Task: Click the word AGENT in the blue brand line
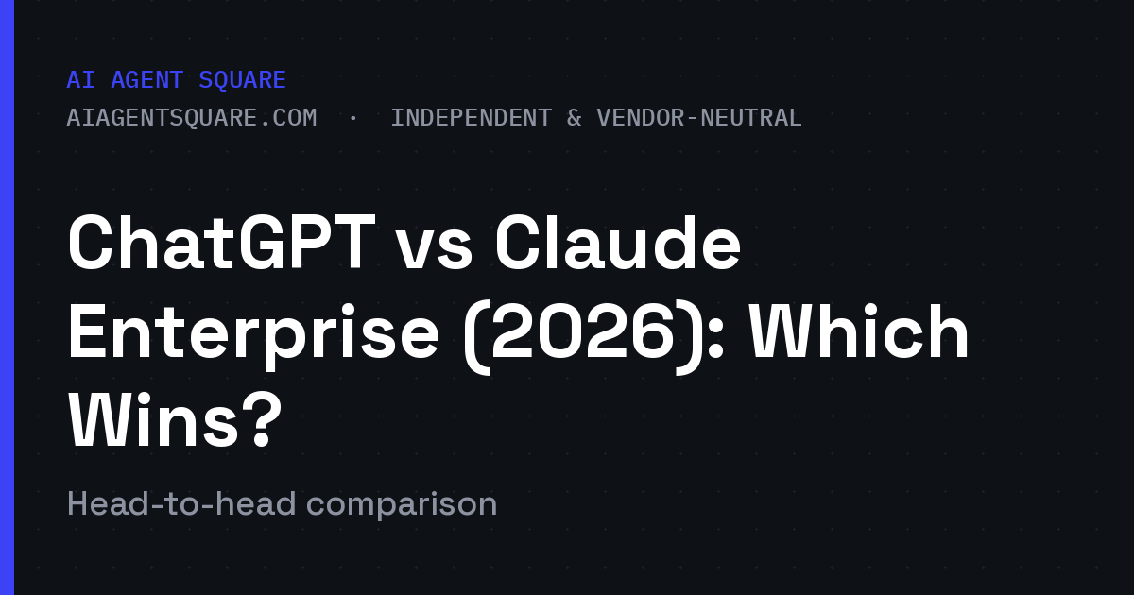point(146,80)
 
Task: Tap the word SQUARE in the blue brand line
point(243,80)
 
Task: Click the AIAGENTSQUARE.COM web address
point(192,118)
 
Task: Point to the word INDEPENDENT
point(471,118)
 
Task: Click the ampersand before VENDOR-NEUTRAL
point(575,118)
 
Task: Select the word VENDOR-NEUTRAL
point(699,118)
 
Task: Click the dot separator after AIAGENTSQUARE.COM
point(353,119)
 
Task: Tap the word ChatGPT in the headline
point(221,243)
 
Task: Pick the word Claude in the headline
point(618,243)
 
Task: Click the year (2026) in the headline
point(583,337)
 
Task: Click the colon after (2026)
point(716,340)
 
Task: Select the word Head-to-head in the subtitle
point(181,504)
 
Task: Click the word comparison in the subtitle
point(402,506)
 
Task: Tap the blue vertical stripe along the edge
point(8,297)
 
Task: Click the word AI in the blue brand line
point(81,80)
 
